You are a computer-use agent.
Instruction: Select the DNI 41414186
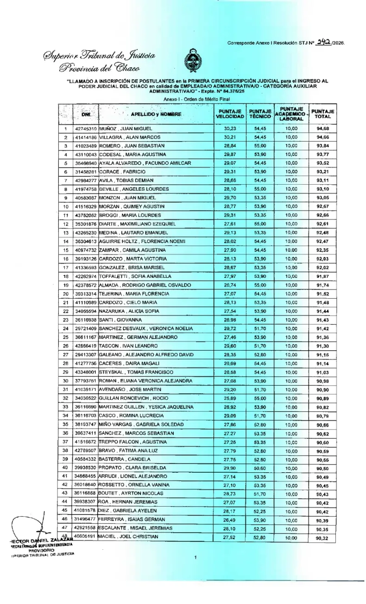coord(86,137)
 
